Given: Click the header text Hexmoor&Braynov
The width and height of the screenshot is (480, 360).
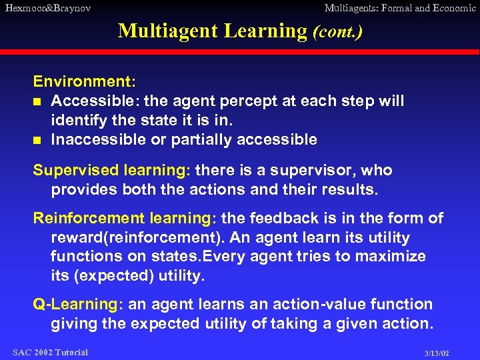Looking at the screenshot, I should [47, 8].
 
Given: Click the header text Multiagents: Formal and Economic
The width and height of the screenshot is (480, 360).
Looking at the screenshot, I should [400, 8].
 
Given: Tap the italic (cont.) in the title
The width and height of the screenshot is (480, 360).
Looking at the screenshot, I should [338, 31].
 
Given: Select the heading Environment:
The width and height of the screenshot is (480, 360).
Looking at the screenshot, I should [85, 81].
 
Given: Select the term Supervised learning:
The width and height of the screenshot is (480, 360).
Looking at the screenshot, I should [111, 170].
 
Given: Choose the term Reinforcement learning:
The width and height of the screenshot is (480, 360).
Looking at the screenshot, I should [125, 219].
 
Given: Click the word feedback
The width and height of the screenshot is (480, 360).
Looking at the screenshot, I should [285, 219].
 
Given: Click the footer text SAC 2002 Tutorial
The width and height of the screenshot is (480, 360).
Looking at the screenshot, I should [50, 352].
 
